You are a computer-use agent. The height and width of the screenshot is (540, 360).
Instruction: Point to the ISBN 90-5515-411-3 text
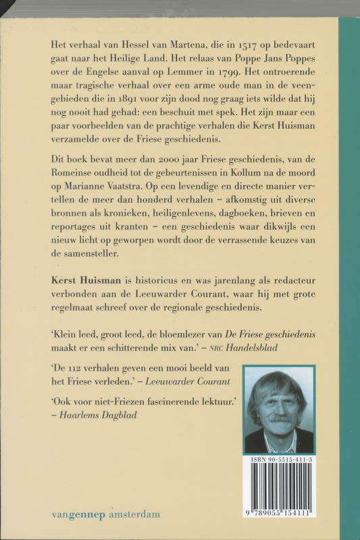[279, 460]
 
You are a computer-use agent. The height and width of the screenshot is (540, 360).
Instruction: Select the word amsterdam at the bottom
[137, 514]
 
